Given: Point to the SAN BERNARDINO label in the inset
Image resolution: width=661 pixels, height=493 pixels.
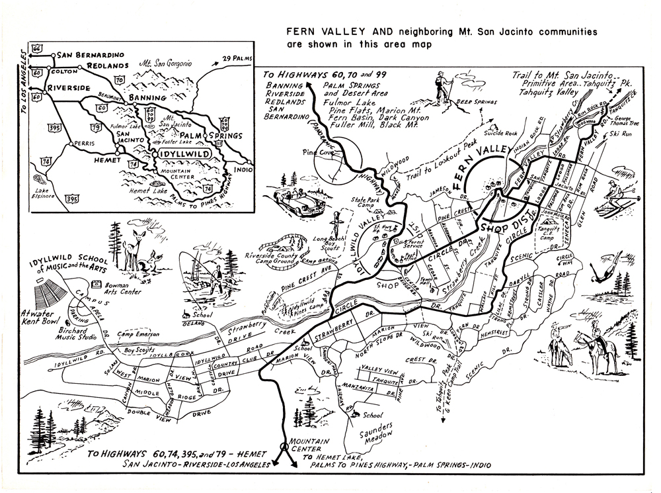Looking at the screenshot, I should click(x=88, y=55).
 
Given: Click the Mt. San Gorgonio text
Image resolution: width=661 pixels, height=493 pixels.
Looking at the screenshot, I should click(x=165, y=64).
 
